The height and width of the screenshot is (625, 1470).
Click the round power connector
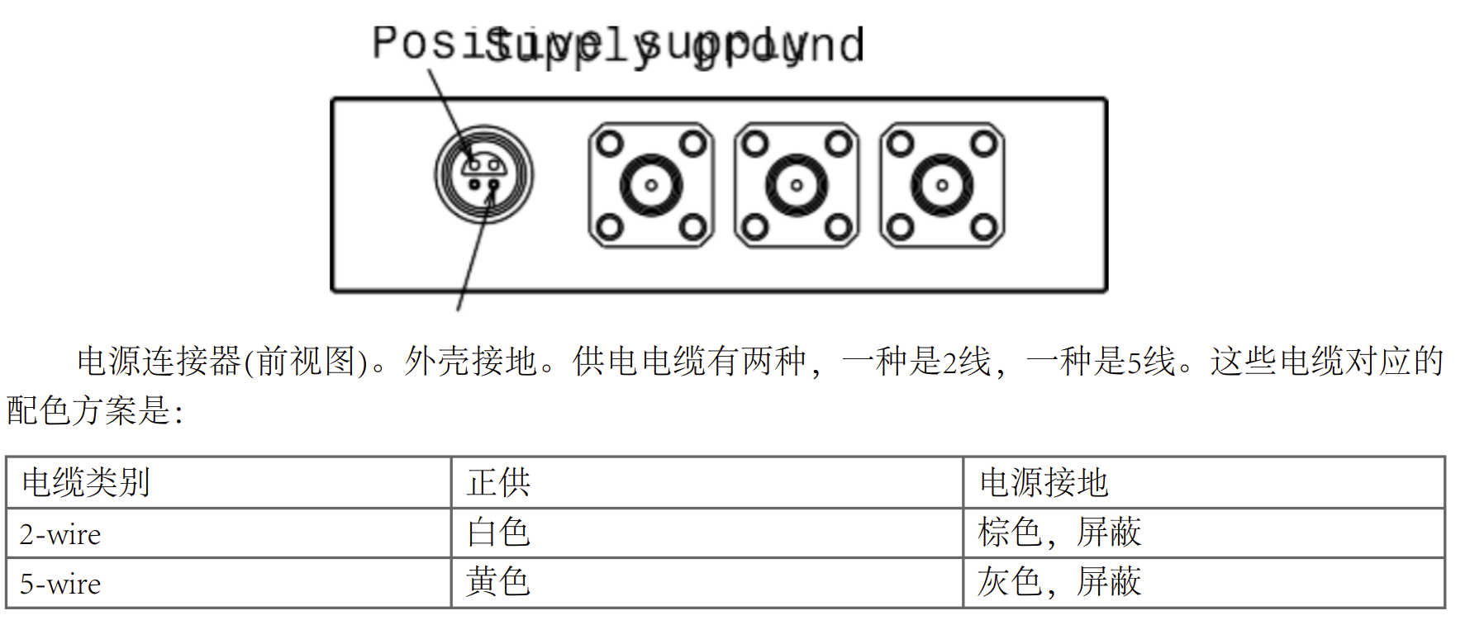point(484,175)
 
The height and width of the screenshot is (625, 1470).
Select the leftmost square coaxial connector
point(651,185)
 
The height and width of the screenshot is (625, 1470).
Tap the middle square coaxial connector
point(797,185)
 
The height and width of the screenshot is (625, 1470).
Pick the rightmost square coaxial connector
point(942,185)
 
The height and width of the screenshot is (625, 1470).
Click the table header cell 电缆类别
point(86,483)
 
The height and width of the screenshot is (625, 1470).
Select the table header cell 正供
point(498,483)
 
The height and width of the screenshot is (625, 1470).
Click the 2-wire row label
point(60,534)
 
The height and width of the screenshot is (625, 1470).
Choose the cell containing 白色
point(498,533)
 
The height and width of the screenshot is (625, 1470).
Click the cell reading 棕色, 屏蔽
point(1059,533)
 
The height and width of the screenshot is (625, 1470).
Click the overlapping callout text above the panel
point(618,45)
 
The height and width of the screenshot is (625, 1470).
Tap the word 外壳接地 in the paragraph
point(471,362)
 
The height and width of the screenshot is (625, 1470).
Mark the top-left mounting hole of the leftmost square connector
point(610,144)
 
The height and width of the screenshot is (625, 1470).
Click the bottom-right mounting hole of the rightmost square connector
point(983,226)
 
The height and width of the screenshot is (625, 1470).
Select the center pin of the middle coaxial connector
point(797,185)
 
